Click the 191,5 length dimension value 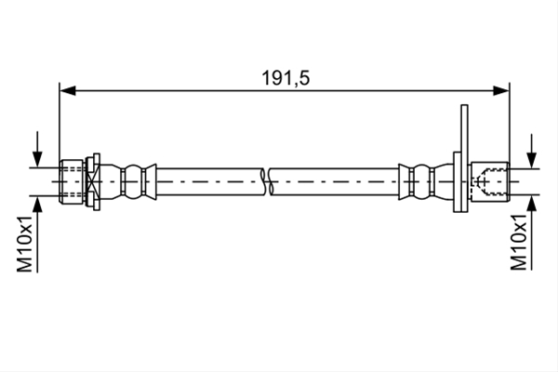286,78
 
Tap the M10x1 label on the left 25,244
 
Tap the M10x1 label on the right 519,242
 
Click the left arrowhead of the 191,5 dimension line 68,90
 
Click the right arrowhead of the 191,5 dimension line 501,90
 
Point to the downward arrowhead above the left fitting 37,159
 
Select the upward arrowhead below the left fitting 37,204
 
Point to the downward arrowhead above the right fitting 531,160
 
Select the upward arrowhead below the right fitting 531,204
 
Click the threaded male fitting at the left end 72,181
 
